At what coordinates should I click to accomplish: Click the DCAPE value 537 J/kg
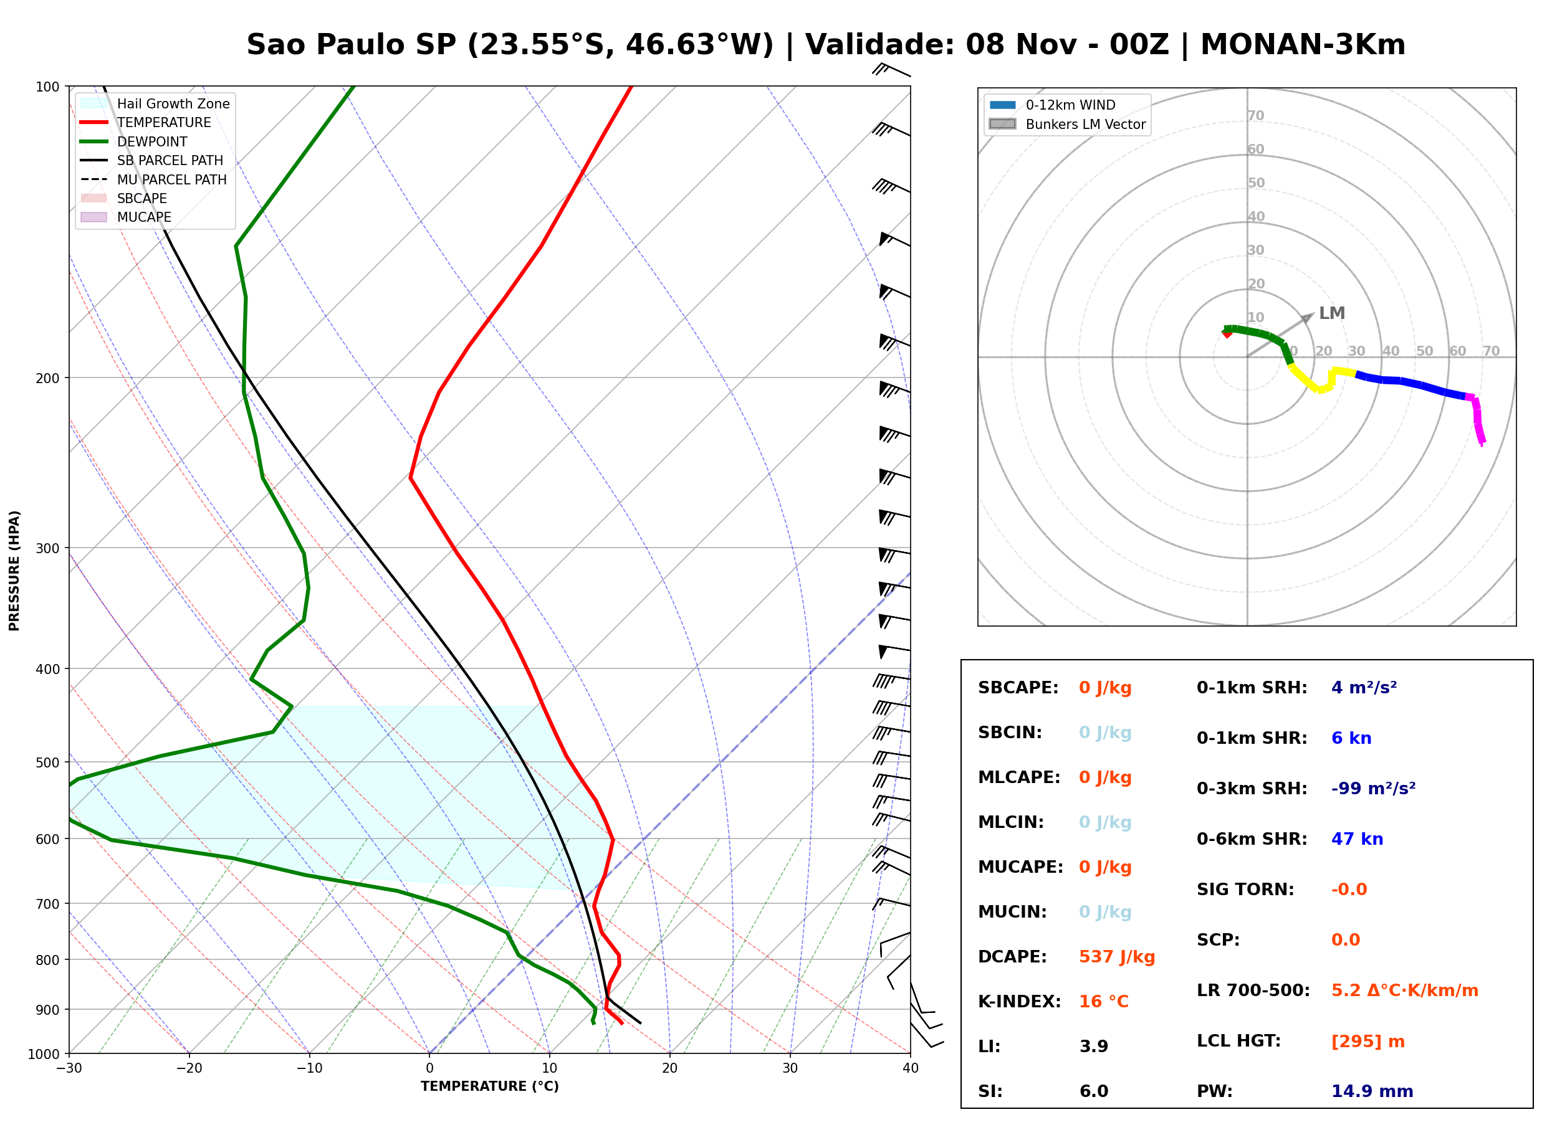click(x=1117, y=956)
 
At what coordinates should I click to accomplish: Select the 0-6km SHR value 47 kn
click(x=1357, y=838)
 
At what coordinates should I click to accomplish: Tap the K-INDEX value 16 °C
click(x=1104, y=1001)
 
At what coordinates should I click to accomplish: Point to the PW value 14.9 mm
click(x=1372, y=1091)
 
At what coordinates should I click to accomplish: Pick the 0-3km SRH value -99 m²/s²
click(x=1374, y=788)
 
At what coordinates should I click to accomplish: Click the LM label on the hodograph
click(x=1331, y=313)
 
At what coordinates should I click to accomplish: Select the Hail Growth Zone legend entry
click(x=155, y=103)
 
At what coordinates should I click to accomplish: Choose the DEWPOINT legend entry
click(x=134, y=141)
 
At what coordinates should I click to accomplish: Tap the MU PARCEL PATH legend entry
click(x=153, y=179)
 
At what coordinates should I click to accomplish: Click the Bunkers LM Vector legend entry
click(x=1068, y=124)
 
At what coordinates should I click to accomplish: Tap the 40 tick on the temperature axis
click(x=911, y=1068)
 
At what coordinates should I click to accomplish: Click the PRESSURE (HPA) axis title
click(x=14, y=571)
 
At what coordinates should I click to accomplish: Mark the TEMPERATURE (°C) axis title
click(x=490, y=1086)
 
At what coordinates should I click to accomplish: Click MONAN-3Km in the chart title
click(x=1303, y=45)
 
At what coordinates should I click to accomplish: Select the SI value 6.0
click(x=1094, y=1091)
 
